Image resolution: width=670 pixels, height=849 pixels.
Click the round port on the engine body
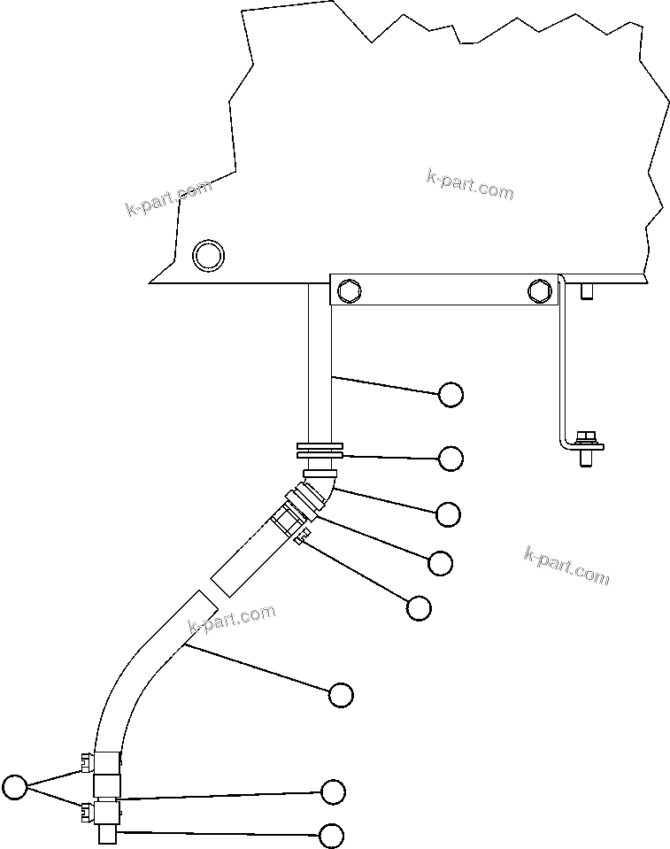pyautogui.click(x=209, y=255)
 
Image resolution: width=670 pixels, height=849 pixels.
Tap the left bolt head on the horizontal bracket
pyautogui.click(x=348, y=289)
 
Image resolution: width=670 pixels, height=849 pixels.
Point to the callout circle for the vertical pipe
pyautogui.click(x=451, y=395)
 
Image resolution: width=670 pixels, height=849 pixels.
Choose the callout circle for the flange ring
pyautogui.click(x=451, y=459)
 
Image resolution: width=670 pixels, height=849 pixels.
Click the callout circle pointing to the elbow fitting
pyautogui.click(x=449, y=513)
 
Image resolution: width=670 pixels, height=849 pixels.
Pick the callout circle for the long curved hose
pyautogui.click(x=341, y=695)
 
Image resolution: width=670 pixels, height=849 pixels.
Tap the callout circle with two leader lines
pyautogui.click(x=15, y=786)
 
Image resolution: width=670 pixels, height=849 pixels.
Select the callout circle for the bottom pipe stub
pyautogui.click(x=332, y=835)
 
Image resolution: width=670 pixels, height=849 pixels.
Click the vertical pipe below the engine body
pyautogui.click(x=320, y=363)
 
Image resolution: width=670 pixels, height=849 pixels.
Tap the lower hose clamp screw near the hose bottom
pyautogui.click(x=87, y=810)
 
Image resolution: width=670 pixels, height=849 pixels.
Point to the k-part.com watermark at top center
pyautogui.click(x=469, y=185)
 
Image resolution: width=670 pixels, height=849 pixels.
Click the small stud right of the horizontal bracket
pyautogui.click(x=585, y=291)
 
